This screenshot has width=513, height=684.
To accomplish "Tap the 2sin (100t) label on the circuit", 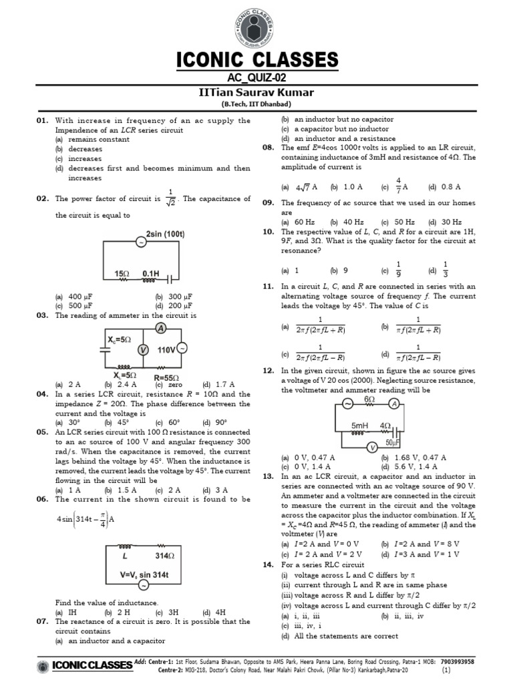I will (x=165, y=233).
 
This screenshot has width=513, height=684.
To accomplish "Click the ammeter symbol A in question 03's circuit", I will (x=160, y=327).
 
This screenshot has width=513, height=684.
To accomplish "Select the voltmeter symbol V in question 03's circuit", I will (x=142, y=349).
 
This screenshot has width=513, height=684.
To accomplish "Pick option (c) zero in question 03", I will (x=169, y=384).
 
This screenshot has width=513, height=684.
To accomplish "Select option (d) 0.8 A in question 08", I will (x=445, y=187).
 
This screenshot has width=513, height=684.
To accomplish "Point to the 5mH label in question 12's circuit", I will (x=360, y=425).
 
